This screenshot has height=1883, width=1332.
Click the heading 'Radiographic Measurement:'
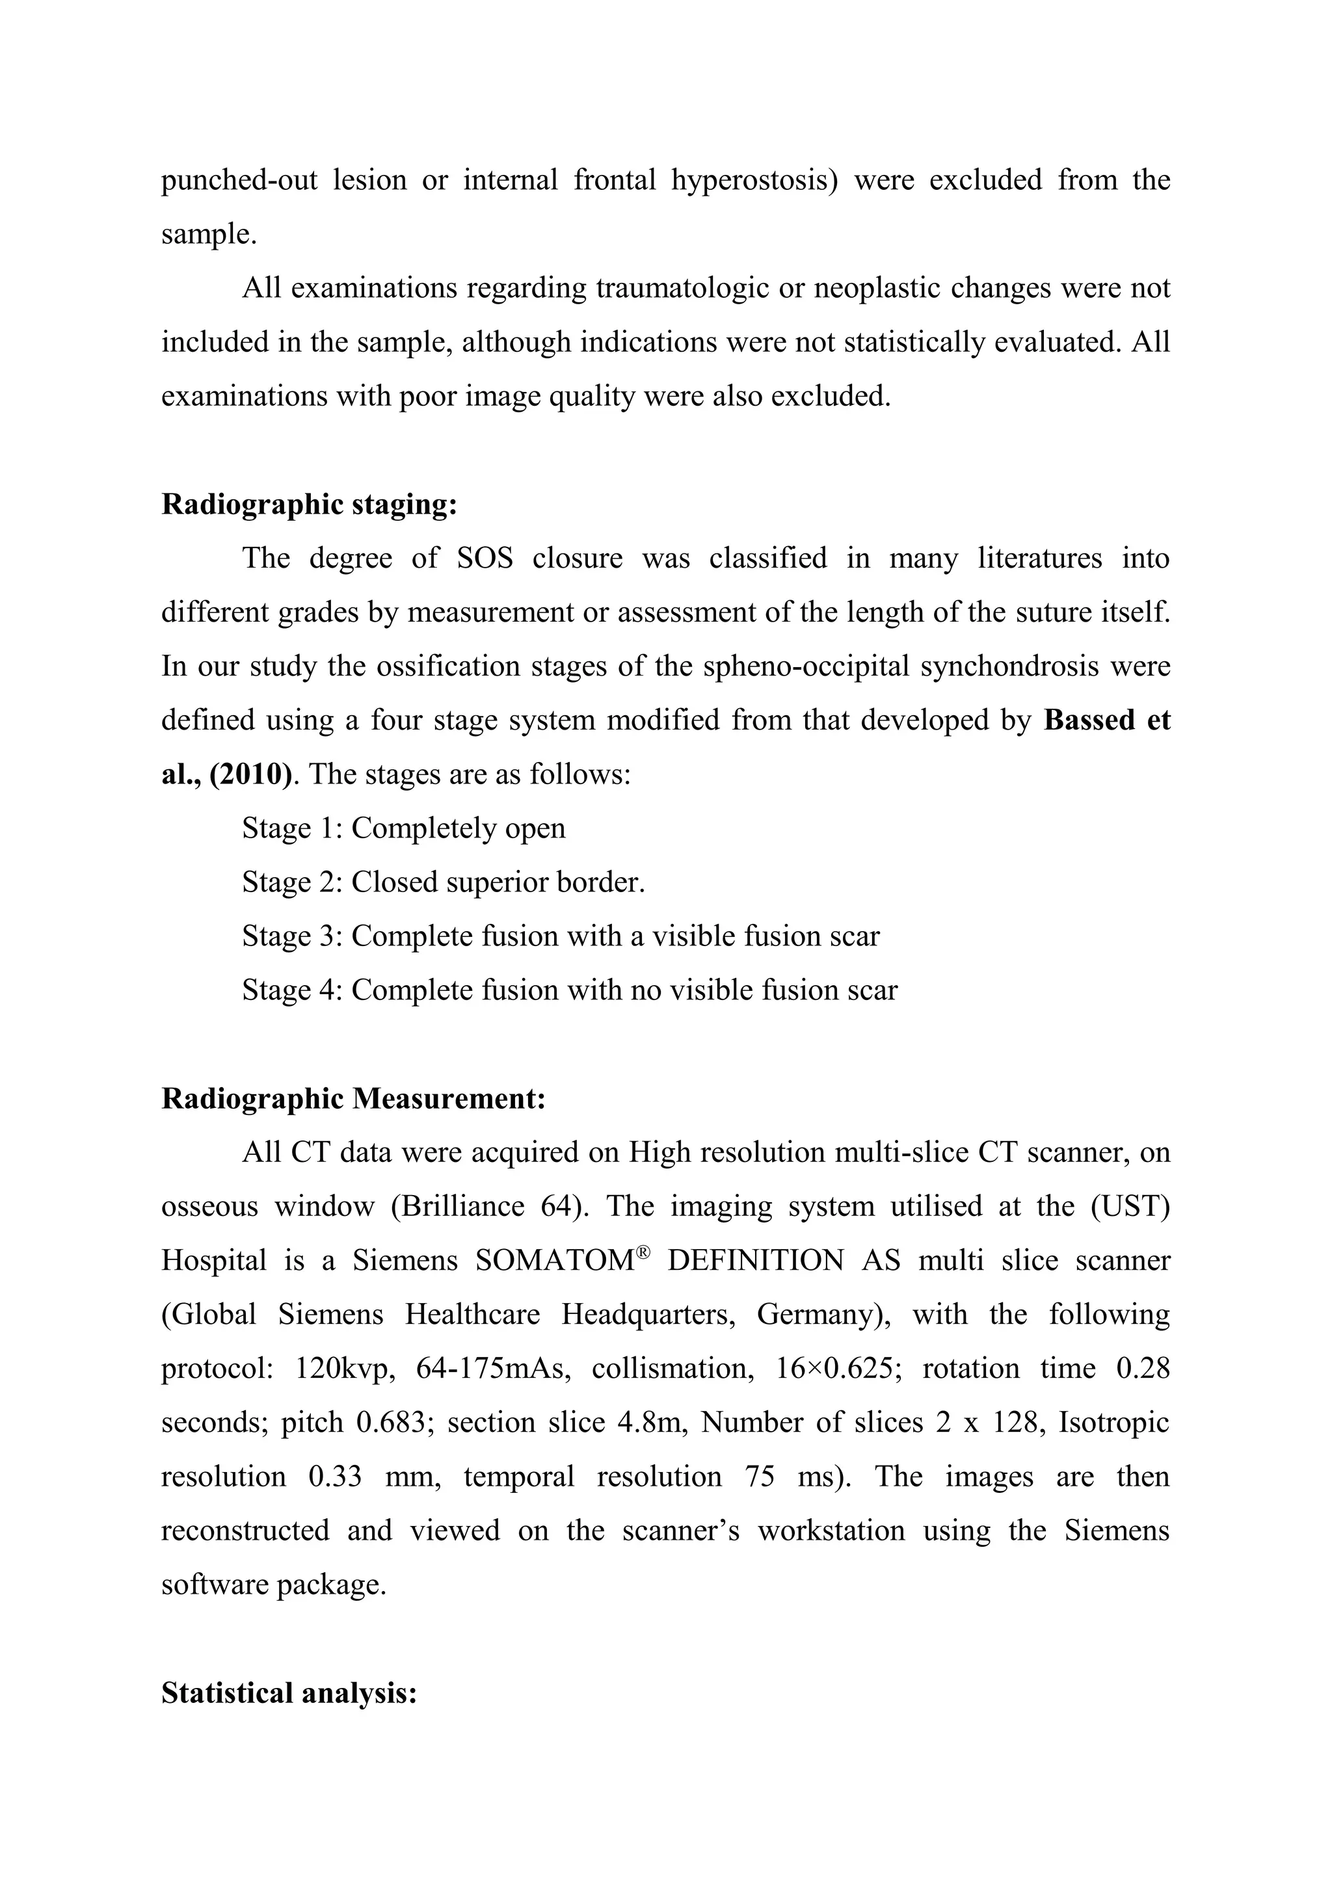pyautogui.click(x=354, y=1098)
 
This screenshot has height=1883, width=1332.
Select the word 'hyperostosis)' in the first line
pyautogui.click(x=754, y=179)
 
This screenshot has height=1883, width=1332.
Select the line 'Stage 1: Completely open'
pyautogui.click(x=403, y=828)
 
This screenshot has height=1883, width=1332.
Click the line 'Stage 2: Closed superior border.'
pyautogui.click(x=444, y=882)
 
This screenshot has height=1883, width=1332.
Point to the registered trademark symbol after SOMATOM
pyautogui.click(x=643, y=1252)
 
